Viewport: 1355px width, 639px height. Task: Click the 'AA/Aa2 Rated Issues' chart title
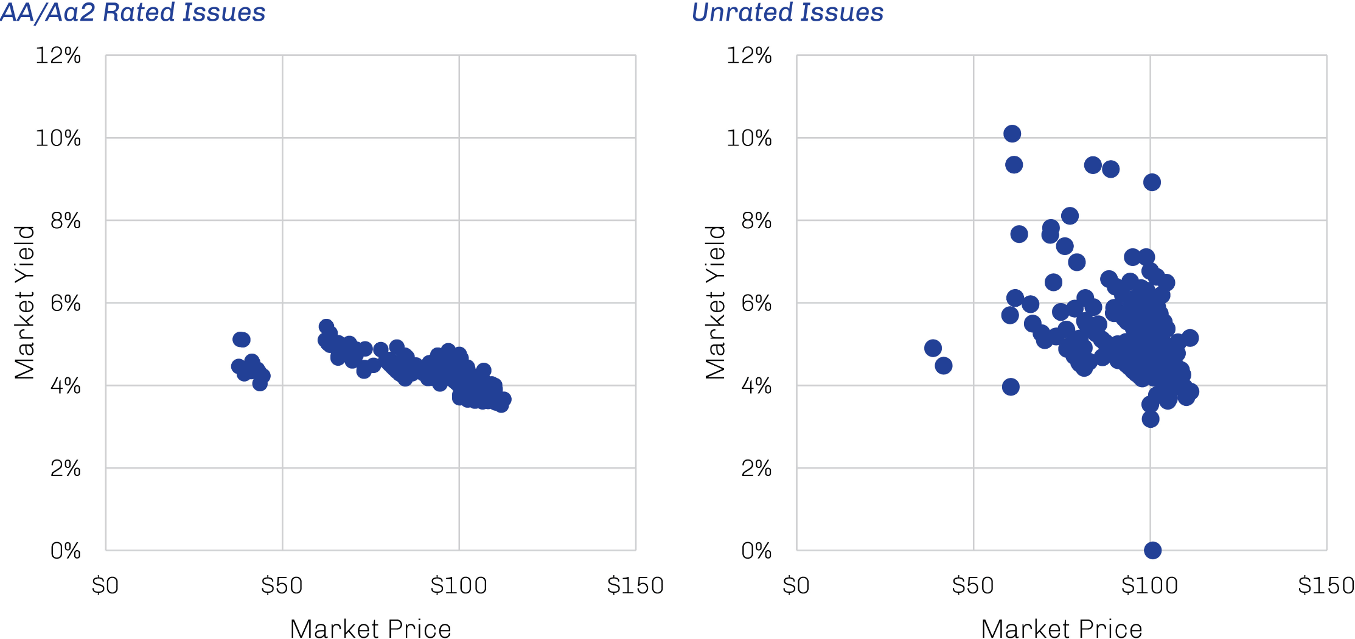(133, 13)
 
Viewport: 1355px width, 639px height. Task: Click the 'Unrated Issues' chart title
(787, 13)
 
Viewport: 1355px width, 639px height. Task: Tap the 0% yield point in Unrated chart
(1152, 550)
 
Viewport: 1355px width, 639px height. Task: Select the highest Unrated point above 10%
(1012, 134)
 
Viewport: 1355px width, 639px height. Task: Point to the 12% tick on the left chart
(58, 55)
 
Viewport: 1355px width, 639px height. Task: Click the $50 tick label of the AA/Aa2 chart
(282, 585)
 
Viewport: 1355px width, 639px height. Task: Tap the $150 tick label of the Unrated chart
(1326, 585)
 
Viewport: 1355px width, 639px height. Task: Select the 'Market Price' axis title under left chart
(371, 629)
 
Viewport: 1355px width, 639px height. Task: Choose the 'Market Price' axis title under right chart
(1062, 629)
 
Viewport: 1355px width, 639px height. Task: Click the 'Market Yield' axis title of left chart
(25, 302)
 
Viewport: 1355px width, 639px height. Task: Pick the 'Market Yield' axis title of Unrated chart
(716, 302)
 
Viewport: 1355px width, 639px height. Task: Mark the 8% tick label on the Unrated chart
(756, 220)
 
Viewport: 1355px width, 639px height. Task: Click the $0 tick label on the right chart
(796, 585)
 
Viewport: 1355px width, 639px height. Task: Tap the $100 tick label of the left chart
(459, 585)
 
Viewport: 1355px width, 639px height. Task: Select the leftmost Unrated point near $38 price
(933, 348)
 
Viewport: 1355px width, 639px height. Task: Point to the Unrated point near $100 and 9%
(1152, 182)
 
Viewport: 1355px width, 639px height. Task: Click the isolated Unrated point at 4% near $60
(1011, 386)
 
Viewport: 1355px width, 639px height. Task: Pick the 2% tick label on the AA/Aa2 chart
(66, 468)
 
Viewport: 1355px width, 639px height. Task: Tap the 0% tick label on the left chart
(66, 551)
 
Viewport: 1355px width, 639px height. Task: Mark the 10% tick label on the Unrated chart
(750, 138)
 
